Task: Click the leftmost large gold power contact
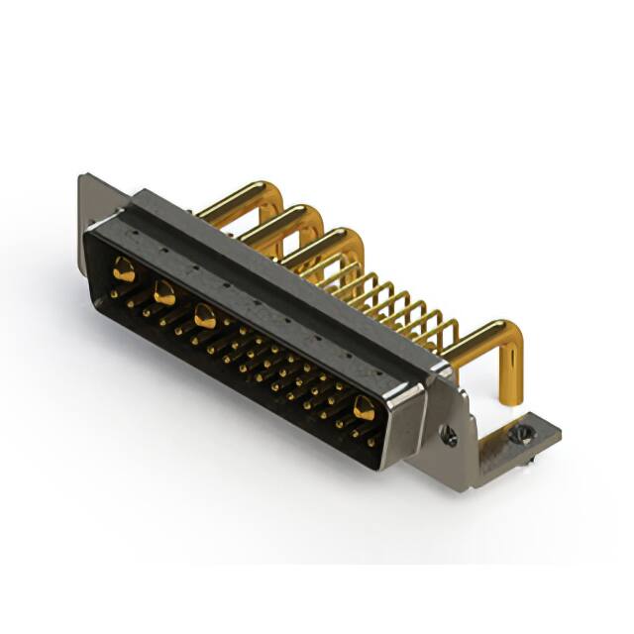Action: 123,266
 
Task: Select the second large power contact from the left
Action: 164,292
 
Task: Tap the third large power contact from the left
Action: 205,317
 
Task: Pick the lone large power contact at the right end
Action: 365,407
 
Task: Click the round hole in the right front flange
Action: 450,437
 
